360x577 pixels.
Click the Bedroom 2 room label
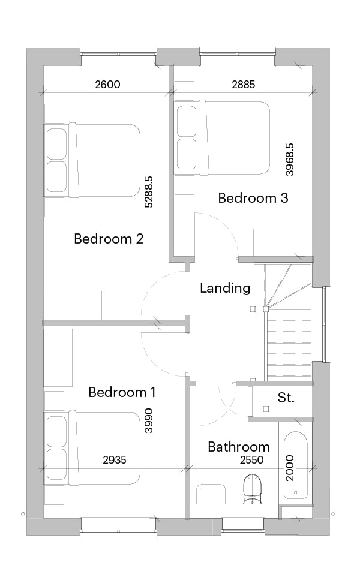tap(109, 239)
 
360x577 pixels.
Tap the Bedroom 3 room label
tap(253, 198)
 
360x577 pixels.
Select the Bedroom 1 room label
tap(122, 392)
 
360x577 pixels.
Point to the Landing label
tap(225, 288)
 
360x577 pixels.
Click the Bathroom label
tap(239, 447)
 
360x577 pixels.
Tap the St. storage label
tap(286, 398)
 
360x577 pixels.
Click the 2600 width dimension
tap(107, 85)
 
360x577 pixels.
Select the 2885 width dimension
tap(244, 85)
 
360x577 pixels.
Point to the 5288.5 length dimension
tap(148, 192)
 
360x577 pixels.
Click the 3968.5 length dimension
tap(290, 160)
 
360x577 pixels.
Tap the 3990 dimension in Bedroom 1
tap(148, 420)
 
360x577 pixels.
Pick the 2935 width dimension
tap(115, 460)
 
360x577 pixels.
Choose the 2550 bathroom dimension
tap(252, 460)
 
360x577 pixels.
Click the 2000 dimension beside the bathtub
tap(290, 468)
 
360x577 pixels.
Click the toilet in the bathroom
tap(252, 489)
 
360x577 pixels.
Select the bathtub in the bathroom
tap(296, 465)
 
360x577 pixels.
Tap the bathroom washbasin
tap(211, 494)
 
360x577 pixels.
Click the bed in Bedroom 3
tap(223, 137)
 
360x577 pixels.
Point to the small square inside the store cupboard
tap(266, 409)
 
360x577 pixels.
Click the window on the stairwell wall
tap(325, 324)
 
